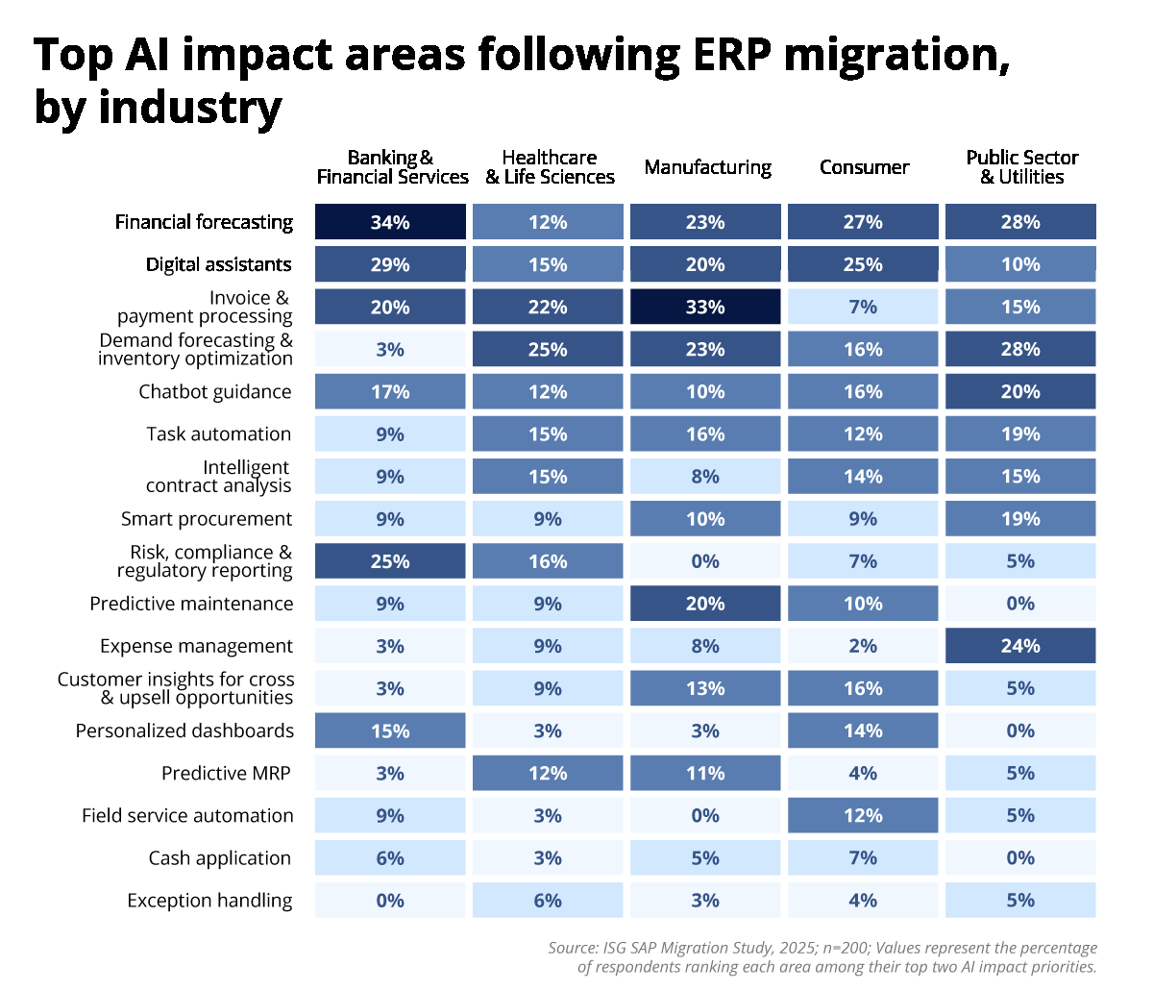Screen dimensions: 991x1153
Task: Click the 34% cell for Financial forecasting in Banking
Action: pyautogui.click(x=390, y=222)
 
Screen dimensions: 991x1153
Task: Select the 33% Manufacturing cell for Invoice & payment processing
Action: pyautogui.click(x=705, y=308)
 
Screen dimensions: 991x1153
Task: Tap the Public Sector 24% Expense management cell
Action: pyautogui.click(x=1020, y=646)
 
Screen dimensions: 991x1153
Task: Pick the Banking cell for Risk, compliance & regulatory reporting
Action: pyautogui.click(x=390, y=561)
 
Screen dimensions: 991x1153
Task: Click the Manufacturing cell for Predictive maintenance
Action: pyautogui.click(x=705, y=604)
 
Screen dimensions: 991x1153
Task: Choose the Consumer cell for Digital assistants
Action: pyautogui.click(x=863, y=264)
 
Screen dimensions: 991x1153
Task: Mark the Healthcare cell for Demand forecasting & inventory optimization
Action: pyautogui.click(x=548, y=350)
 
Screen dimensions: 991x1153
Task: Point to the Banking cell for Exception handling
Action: pyautogui.click(x=390, y=901)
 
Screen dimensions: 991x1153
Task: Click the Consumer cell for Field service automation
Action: pyautogui.click(x=863, y=816)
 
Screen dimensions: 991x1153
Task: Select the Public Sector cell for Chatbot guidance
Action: pyautogui.click(x=1020, y=392)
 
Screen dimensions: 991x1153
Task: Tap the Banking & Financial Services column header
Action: pyautogui.click(x=392, y=167)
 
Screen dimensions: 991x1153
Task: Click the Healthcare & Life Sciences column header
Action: pyautogui.click(x=550, y=167)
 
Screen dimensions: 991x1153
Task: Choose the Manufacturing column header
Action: pyautogui.click(x=707, y=167)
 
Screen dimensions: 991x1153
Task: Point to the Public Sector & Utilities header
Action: pyautogui.click(x=1021, y=167)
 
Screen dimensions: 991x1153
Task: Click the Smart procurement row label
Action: pyautogui.click(x=207, y=519)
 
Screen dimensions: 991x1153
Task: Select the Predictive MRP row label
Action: pyautogui.click(x=226, y=774)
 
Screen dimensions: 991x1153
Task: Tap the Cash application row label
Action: pyautogui.click(x=219, y=858)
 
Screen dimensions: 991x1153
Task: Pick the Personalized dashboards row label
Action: pyautogui.click(x=184, y=731)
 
